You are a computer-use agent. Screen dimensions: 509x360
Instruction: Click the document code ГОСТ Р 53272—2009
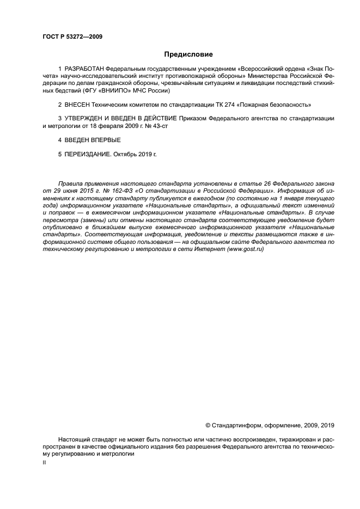[x=72, y=37]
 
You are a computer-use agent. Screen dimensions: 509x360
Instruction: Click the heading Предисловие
[x=188, y=54]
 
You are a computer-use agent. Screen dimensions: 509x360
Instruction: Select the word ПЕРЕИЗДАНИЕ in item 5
[x=88, y=155]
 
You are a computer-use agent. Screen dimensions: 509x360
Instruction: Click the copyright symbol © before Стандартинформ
[x=207, y=425]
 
